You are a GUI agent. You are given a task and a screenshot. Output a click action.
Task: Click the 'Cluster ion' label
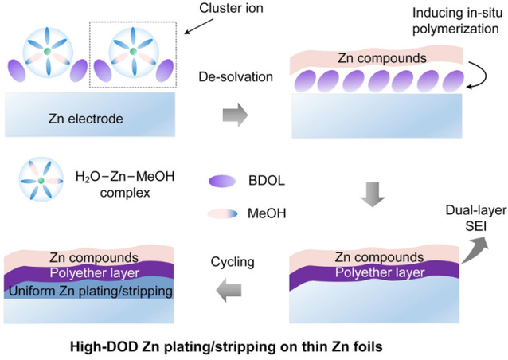(x=231, y=8)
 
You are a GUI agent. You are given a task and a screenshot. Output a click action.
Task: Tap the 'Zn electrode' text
(x=86, y=119)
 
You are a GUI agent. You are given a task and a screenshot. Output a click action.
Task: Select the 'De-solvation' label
(x=236, y=77)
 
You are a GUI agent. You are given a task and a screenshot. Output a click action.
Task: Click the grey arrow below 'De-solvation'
(x=235, y=115)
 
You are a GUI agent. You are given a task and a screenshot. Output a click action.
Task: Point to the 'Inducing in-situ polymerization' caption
(x=458, y=21)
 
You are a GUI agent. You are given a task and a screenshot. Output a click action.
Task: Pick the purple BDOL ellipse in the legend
(x=222, y=181)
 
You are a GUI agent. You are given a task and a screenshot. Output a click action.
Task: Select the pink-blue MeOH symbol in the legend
(x=223, y=213)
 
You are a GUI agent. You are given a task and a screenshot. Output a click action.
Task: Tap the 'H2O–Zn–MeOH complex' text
(x=125, y=184)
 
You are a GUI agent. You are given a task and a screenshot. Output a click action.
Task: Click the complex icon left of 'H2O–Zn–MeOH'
(x=41, y=180)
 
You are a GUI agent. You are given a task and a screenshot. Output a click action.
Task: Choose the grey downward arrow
(x=373, y=194)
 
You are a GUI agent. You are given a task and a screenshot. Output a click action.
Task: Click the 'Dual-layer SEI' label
(x=476, y=218)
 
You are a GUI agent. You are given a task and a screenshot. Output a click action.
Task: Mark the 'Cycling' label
(x=233, y=262)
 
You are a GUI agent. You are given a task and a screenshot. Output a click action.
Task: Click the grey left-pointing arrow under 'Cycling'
(x=229, y=290)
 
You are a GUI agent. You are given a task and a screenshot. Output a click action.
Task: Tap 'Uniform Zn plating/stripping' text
(x=91, y=291)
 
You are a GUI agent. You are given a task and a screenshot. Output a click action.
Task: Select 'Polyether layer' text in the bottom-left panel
(x=95, y=273)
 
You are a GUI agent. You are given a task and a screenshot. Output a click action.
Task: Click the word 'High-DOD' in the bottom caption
(x=103, y=347)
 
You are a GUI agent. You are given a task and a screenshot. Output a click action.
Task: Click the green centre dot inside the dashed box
(x=133, y=51)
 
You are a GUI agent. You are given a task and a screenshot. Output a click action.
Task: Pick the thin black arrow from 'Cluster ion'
(x=199, y=26)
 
